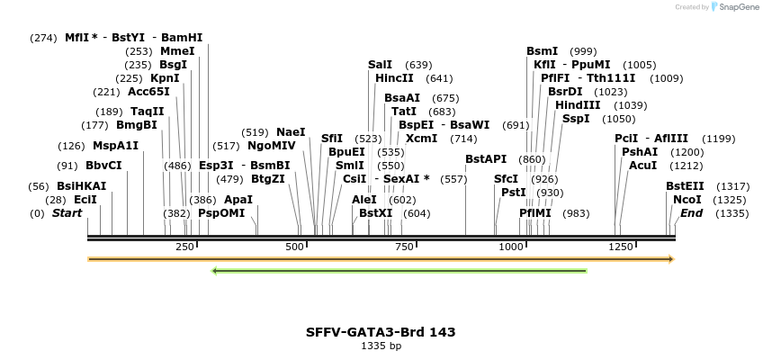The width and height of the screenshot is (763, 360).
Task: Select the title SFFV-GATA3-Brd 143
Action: (381, 332)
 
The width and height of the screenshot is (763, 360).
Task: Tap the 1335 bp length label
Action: (381, 346)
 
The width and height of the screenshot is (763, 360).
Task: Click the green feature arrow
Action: (399, 270)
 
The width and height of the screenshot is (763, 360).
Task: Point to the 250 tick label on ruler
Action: (185, 247)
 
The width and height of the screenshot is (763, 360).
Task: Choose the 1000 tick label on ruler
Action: (511, 247)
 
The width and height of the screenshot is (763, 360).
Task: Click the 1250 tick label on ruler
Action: (620, 247)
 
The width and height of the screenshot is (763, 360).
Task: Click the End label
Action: (691, 213)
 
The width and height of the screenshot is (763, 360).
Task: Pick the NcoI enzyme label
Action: (687, 200)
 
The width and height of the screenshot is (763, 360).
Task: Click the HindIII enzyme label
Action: (576, 105)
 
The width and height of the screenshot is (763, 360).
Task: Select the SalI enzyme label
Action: (380, 65)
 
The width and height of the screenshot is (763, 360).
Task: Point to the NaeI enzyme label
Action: (291, 132)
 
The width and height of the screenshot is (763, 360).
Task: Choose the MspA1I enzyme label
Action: (115, 146)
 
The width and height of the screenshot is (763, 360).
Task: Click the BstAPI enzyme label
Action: (486, 159)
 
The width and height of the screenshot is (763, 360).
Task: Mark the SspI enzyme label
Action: (576, 119)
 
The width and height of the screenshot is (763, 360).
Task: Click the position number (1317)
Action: (732, 186)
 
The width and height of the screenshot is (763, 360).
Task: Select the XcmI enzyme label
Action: (421, 139)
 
